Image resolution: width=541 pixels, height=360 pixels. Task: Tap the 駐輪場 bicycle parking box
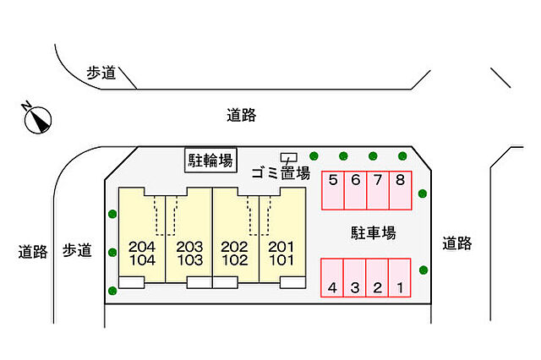tap(210, 160)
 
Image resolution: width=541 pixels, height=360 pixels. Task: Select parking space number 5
tap(333, 190)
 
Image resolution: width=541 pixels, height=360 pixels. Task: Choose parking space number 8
tap(400, 190)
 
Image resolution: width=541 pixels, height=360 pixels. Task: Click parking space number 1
tap(400, 277)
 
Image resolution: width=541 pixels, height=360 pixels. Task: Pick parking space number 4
tap(332, 277)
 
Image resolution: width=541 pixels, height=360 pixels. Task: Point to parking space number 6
tap(355, 190)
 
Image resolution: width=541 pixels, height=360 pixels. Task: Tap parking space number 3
tap(355, 277)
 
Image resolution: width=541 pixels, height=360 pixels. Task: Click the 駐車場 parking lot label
tap(374, 232)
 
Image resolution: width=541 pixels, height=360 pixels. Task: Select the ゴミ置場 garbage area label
tap(281, 172)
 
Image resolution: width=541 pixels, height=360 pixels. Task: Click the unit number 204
tap(142, 247)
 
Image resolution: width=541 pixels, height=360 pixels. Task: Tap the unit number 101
tap(281, 260)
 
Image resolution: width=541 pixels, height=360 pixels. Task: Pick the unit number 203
tap(189, 247)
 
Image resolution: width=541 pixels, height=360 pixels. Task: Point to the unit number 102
tap(235, 260)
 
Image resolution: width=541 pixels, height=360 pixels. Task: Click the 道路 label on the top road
tap(241, 115)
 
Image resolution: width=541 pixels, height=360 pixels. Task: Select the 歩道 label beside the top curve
tap(101, 73)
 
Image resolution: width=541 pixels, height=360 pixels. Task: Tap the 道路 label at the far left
tap(33, 251)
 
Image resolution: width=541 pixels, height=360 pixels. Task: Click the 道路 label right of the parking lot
tap(457, 243)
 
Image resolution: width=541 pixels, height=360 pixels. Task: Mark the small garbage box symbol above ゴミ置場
tap(289, 157)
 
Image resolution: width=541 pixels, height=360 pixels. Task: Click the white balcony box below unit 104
tap(132, 282)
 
